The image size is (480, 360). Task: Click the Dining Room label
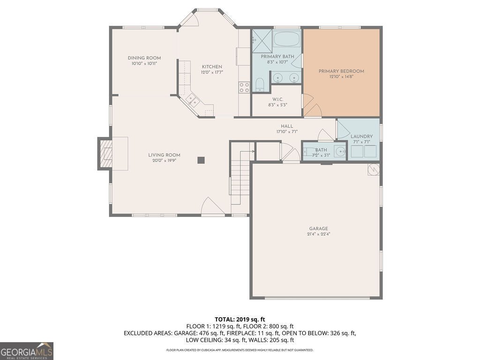point(144,58)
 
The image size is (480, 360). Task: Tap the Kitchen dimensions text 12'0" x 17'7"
point(212,73)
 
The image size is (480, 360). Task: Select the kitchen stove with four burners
point(244,87)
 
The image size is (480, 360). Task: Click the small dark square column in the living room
point(201,160)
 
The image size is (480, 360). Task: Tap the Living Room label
point(164,155)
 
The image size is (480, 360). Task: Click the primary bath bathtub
point(286,38)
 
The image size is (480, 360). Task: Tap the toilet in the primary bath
point(260,85)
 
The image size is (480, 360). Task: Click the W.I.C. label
point(277,99)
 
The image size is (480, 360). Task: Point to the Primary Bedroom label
point(341,71)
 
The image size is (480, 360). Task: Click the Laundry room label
point(361,136)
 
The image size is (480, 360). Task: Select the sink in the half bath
point(340,151)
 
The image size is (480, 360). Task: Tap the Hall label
point(287,126)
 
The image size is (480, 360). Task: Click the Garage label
point(318,228)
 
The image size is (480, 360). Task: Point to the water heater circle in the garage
point(373,170)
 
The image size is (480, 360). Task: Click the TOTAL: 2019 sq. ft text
point(240,320)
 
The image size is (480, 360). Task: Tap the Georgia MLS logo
point(27,351)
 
